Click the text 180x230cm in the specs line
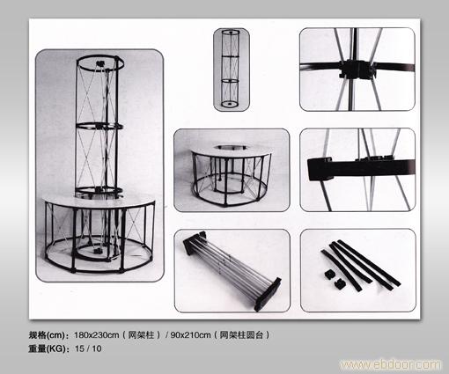tap(97, 334)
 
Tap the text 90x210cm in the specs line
tap(191, 334)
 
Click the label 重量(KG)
tap(48, 348)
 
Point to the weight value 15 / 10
tap(88, 348)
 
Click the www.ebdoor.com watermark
tap(390, 364)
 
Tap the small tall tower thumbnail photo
tap(232, 70)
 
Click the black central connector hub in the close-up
tap(357, 70)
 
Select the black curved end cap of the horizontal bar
tap(320, 169)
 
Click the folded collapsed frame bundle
tap(232, 270)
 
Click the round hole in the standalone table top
tap(231, 147)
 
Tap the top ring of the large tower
tap(100, 63)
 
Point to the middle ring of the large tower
tap(99, 127)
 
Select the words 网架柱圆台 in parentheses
tap(241, 334)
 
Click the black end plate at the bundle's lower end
tap(268, 295)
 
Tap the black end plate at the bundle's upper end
tap(195, 242)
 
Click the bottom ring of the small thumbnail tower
tap(230, 104)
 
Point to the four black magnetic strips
tap(361, 265)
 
